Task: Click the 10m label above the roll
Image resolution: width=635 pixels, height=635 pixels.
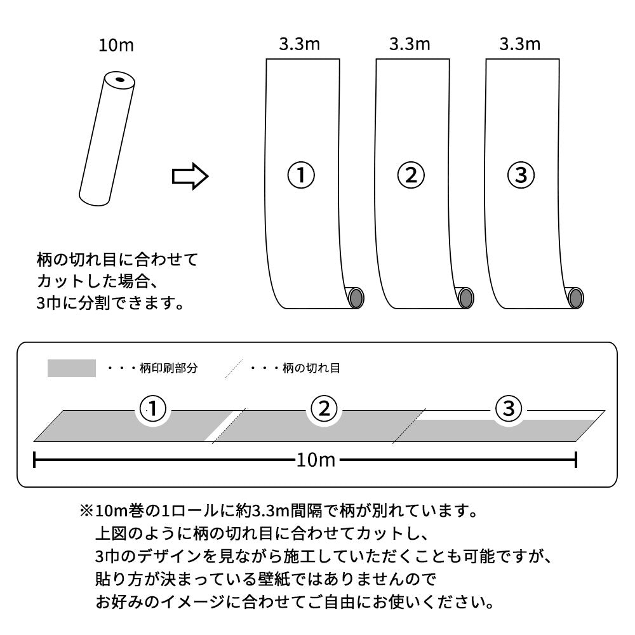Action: (x=117, y=46)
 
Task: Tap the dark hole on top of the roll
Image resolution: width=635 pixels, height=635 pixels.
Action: (x=119, y=80)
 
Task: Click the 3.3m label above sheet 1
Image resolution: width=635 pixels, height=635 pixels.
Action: (x=299, y=44)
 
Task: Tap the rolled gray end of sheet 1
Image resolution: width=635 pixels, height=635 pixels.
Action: (x=356, y=297)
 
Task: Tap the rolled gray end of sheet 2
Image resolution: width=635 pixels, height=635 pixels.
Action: (x=466, y=297)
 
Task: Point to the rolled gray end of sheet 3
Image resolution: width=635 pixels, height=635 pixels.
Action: (x=575, y=297)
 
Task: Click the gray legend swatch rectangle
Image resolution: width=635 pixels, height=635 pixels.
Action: (x=71, y=368)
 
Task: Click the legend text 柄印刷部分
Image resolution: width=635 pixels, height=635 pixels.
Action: (x=168, y=369)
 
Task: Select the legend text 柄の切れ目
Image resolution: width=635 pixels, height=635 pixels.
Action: (x=311, y=369)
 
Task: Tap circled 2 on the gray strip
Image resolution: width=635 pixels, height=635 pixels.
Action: (x=323, y=410)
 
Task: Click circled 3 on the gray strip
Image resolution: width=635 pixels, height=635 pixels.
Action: (x=508, y=410)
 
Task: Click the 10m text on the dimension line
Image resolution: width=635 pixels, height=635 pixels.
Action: (x=315, y=460)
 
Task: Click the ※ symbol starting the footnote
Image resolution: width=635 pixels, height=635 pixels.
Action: (x=86, y=511)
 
